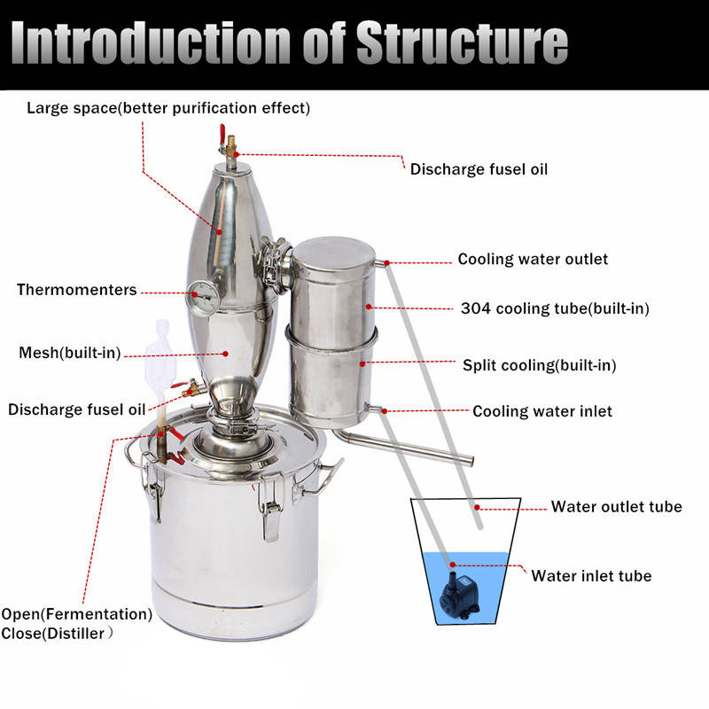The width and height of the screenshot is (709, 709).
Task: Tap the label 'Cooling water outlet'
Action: coord(533,260)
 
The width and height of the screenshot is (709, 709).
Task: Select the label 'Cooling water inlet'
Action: coord(541,411)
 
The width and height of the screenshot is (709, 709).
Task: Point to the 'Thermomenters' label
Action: coord(77,290)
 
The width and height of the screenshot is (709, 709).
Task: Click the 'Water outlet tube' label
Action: coord(616,507)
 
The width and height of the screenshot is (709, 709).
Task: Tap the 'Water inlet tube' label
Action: coord(591,576)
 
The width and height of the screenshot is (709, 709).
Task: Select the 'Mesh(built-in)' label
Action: coord(69,353)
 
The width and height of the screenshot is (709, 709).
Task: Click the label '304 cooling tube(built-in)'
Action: coord(556,308)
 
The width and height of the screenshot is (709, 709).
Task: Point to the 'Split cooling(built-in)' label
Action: coord(540,364)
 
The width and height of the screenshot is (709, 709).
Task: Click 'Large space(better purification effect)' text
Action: coord(168,108)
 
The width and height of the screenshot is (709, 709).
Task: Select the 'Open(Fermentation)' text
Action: coord(76,613)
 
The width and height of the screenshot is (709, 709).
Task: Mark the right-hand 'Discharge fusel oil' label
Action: coord(479,168)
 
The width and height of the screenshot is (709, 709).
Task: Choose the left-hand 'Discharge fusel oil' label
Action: coord(76,409)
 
